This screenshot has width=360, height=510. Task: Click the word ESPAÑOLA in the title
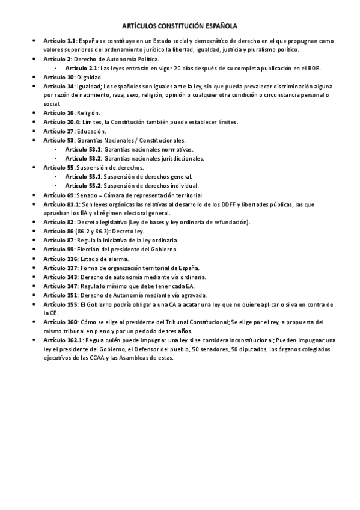tap(219, 26)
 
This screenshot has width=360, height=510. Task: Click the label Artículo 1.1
tap(59, 40)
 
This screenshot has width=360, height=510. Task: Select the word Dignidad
tap(90, 78)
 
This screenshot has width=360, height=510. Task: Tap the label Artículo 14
tap(58, 87)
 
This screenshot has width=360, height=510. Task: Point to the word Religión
tap(88, 113)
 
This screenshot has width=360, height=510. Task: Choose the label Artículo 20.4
tap(61, 122)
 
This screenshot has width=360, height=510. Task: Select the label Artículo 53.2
tap(83, 159)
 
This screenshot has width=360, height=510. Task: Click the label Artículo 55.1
tap(83, 177)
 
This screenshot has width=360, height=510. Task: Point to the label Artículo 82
tap(57, 222)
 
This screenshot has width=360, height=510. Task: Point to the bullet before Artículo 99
tap(35, 250)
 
